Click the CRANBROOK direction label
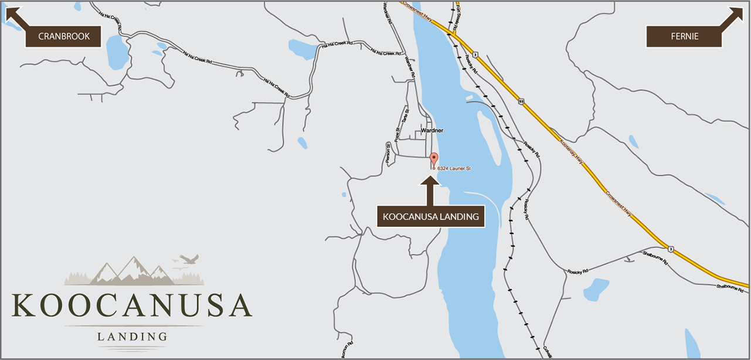(x=64, y=36)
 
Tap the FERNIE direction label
(x=684, y=36)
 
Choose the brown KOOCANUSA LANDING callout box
(x=431, y=216)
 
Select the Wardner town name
(x=432, y=130)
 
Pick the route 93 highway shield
(x=521, y=101)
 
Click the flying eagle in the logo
(x=188, y=258)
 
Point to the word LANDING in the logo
(x=132, y=337)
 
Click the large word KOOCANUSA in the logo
(x=132, y=305)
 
